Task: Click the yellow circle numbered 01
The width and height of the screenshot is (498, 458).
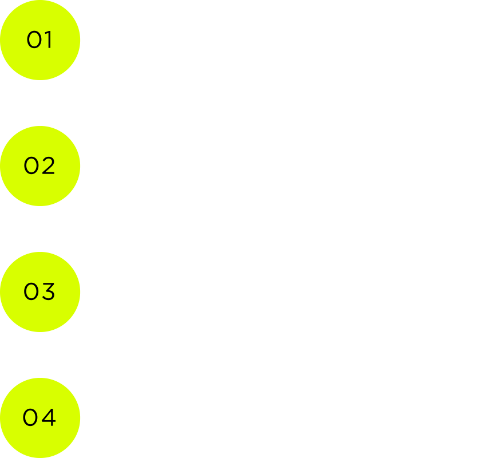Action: coord(40,40)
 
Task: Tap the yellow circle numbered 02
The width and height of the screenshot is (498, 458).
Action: coord(40,166)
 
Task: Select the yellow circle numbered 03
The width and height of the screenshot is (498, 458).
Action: coord(40,292)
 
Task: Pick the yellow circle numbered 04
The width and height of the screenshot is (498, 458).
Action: coord(40,418)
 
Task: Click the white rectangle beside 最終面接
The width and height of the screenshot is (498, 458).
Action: coord(460,432)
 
